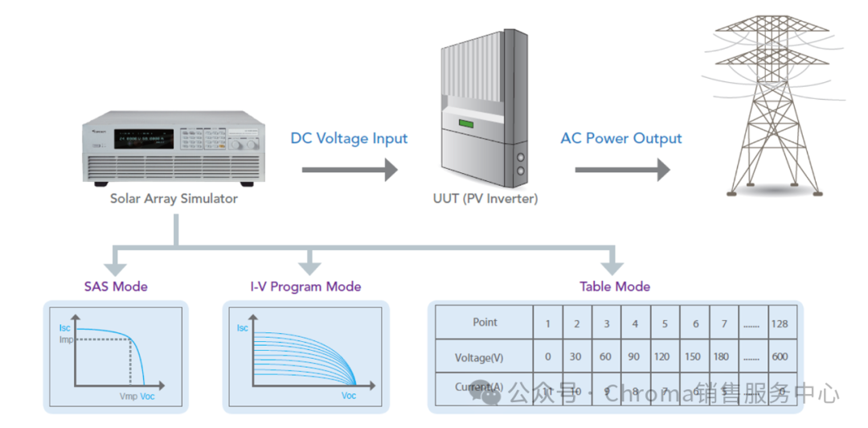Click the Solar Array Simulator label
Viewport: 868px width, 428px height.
coord(174,198)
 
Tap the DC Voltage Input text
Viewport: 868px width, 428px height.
coord(349,138)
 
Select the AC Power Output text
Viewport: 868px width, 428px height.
coord(620,138)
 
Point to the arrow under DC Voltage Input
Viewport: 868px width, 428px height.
coord(349,170)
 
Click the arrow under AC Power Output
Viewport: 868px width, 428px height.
coord(621,170)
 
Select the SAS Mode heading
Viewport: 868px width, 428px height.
coord(116,286)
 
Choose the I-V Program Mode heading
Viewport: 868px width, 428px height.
coord(305,286)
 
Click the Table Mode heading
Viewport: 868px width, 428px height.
coord(615,286)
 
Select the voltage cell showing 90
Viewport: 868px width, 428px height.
coord(635,356)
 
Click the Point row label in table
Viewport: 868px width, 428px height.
coord(485,323)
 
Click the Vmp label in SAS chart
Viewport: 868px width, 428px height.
coord(129,397)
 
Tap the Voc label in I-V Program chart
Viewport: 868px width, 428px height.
coord(349,396)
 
